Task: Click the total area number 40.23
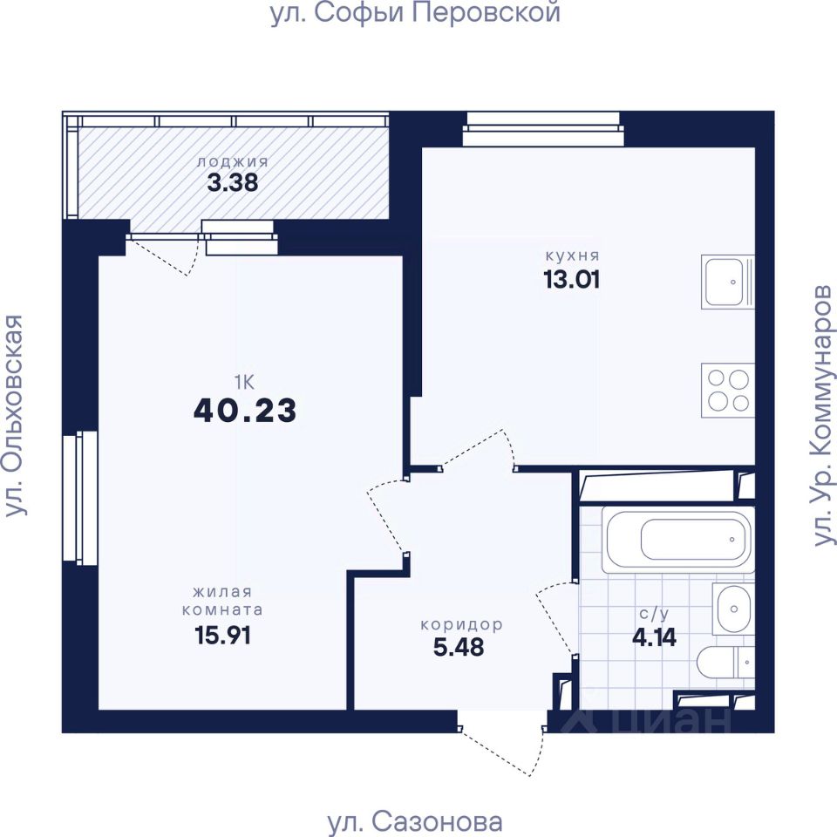coord(245,411)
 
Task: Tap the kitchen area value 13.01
coord(572,279)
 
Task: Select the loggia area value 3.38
coord(233,182)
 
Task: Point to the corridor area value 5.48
coord(459,647)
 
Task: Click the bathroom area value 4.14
coord(655,636)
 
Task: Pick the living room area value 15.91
coord(222,636)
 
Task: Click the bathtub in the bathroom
coord(678,540)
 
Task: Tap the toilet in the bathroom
coord(725,662)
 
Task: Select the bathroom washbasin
coord(733,609)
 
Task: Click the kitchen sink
coord(727,282)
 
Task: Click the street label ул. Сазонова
coord(414,822)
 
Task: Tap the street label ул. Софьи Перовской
coord(415,13)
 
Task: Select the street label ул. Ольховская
coord(15,416)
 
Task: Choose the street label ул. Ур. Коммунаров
coord(822,416)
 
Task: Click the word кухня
coord(573,255)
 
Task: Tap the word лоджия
coord(233,162)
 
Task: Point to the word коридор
coord(462,624)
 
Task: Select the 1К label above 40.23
coord(244,382)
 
